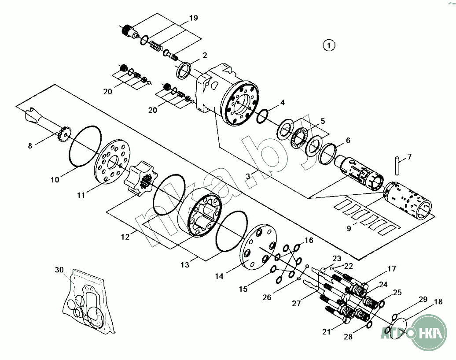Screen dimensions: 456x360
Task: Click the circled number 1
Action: [329, 45]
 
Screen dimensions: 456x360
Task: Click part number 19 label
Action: [194, 18]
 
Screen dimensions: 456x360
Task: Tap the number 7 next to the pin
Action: [409, 156]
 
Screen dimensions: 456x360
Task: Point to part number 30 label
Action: [59, 270]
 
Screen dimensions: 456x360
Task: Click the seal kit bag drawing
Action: [88, 304]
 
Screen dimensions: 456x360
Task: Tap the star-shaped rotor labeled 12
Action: [140, 181]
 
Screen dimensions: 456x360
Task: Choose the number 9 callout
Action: [349, 228]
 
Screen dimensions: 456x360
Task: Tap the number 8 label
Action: [30, 146]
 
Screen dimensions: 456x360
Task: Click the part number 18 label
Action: [438, 302]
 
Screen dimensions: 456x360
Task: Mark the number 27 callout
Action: [295, 304]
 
